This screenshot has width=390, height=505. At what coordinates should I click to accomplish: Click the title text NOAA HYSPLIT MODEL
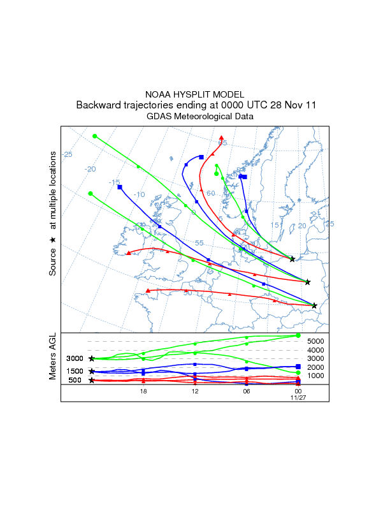pyautogui.click(x=195, y=94)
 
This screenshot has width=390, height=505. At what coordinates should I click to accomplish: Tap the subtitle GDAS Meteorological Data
pyautogui.click(x=195, y=117)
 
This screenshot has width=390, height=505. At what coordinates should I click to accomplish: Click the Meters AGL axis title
pyautogui.click(x=54, y=358)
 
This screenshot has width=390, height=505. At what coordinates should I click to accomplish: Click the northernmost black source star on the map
pyautogui.click(x=292, y=259)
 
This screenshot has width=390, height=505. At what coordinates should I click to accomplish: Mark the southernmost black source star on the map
pyautogui.click(x=314, y=305)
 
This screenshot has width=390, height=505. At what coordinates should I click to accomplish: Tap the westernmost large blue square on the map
pyautogui.click(x=120, y=187)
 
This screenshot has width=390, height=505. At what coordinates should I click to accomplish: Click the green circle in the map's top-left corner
pyautogui.click(x=94, y=136)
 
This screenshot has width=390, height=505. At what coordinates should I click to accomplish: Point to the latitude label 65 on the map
pyautogui.click(x=223, y=143)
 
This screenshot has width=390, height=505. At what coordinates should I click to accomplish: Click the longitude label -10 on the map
pyautogui.click(x=140, y=194)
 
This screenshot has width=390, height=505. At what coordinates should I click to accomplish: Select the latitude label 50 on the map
pyautogui.click(x=187, y=293)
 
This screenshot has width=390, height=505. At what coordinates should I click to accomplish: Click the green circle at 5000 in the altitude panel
pyautogui.click(x=298, y=335)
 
